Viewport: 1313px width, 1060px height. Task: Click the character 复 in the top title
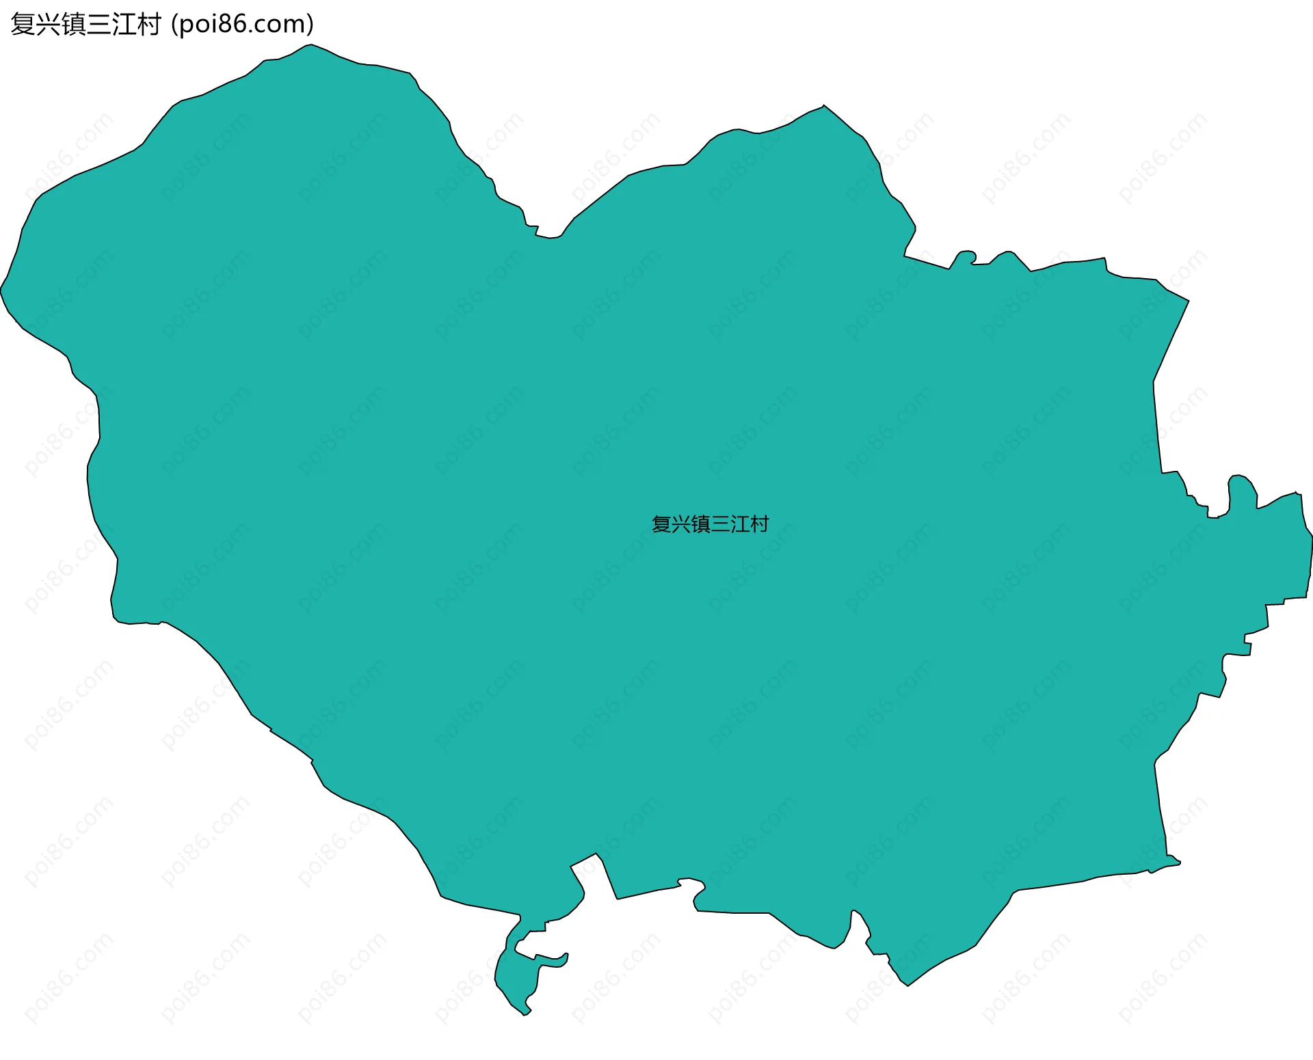tap(23, 25)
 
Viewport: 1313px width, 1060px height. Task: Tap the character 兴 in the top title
tap(48, 25)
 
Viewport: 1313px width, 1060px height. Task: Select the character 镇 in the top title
tap(73, 25)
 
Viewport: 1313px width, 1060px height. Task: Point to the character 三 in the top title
tap(98, 25)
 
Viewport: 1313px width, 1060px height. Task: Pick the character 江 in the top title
tap(124, 25)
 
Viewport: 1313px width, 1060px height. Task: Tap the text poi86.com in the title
tap(242, 25)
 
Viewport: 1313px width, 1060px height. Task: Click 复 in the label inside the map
tap(661, 524)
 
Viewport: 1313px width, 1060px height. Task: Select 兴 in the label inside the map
tap(681, 524)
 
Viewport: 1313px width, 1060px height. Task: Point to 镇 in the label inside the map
tap(701, 524)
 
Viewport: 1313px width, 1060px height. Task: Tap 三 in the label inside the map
tap(721, 524)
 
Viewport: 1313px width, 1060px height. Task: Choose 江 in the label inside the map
tap(740, 524)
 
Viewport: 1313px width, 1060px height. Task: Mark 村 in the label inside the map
tap(760, 524)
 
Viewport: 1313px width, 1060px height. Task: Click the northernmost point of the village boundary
tap(310, 45)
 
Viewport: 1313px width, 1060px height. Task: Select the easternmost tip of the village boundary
tap(1312, 536)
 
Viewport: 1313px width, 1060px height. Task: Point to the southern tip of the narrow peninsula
tap(525, 1014)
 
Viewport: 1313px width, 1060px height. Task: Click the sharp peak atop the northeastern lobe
tap(823, 106)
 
